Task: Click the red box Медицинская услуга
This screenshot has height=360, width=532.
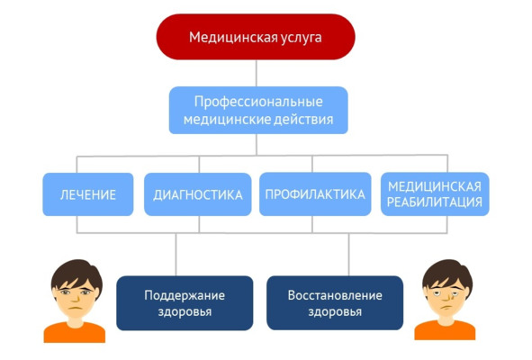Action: [x=256, y=37]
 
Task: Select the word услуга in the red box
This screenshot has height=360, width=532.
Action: [x=302, y=37]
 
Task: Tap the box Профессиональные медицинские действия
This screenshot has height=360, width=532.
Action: [x=258, y=110]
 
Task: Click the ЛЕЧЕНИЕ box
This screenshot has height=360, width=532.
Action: [x=88, y=194]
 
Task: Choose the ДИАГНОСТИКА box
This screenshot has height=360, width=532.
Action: [x=198, y=194]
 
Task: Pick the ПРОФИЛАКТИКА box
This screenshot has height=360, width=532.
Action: [x=315, y=193]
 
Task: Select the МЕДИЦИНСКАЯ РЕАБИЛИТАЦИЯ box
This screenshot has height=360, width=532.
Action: [x=435, y=193]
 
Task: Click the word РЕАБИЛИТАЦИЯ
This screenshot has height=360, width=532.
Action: [x=435, y=202]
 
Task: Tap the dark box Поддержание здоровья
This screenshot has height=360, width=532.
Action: [x=185, y=302]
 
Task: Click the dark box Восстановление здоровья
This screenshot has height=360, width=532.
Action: [x=335, y=302]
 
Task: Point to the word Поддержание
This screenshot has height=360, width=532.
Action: [x=185, y=295]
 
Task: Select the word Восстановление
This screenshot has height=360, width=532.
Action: [x=335, y=295]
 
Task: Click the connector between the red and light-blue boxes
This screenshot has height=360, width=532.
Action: [x=257, y=73]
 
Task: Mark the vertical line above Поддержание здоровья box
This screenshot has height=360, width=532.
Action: [x=176, y=255]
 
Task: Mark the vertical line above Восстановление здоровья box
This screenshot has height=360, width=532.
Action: [x=348, y=255]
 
